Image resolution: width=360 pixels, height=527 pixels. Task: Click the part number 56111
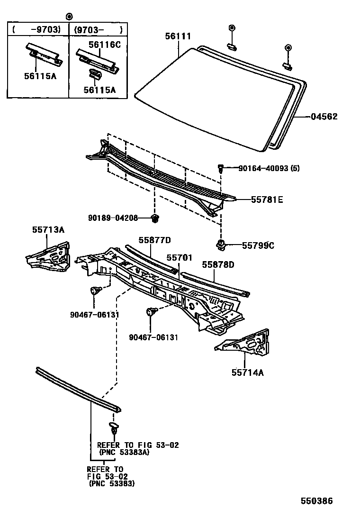tap(178, 36)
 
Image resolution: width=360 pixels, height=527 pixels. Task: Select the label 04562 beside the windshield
tap(324, 116)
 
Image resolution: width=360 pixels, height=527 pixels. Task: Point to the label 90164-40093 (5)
tap(269, 168)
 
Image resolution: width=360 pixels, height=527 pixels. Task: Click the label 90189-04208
tap(113, 218)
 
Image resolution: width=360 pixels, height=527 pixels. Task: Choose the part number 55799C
tap(258, 245)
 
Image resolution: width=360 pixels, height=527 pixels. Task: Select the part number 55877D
tap(154, 240)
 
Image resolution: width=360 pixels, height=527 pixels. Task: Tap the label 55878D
tap(218, 264)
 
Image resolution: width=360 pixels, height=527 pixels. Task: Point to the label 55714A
tap(247, 372)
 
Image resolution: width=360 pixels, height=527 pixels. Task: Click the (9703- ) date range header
tap(98, 29)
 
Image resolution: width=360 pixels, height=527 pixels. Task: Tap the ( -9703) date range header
tap(36, 29)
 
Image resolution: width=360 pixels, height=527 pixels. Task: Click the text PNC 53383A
tap(125, 453)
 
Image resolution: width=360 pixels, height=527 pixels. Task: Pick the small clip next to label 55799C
tap(220, 245)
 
